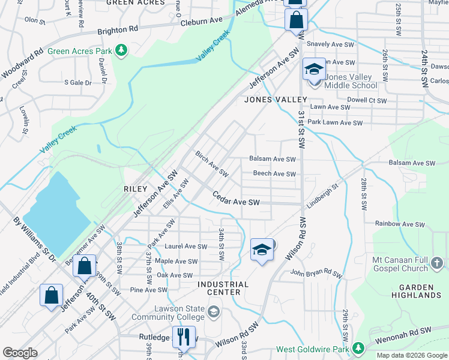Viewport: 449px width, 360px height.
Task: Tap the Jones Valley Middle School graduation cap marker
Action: click(313, 70)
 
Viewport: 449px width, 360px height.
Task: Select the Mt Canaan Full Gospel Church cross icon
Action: click(437, 263)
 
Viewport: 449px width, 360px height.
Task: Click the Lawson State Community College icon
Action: click(214, 310)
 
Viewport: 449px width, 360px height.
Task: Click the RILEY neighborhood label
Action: click(136, 188)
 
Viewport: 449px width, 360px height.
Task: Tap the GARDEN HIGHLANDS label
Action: click(417, 291)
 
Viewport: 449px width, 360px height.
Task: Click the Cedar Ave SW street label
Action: click(237, 199)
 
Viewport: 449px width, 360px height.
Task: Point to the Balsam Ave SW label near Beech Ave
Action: click(273, 160)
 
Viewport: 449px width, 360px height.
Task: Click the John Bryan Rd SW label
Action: click(316, 274)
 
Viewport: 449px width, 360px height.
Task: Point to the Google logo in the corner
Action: click(20, 353)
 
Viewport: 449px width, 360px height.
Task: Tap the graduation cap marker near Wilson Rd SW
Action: click(262, 249)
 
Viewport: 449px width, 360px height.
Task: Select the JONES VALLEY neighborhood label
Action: click(275, 100)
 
